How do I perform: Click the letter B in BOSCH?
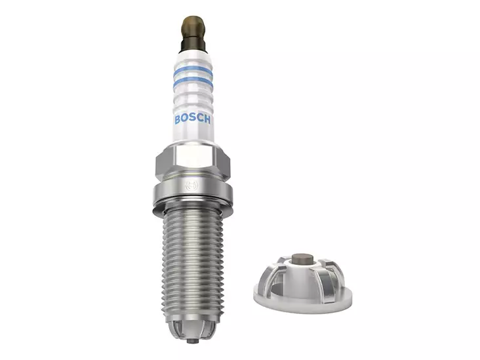[177, 120]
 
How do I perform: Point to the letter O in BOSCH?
[184, 120]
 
